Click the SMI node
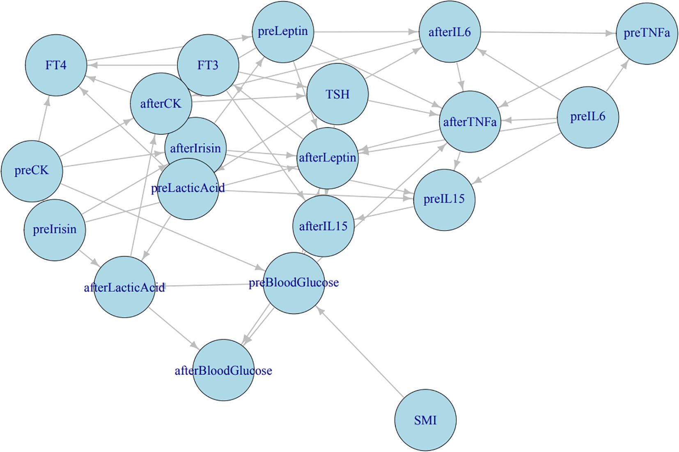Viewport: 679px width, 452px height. tap(425, 420)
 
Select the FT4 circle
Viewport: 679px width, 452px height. tap(56, 65)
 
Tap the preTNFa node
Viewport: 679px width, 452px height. tap(647, 33)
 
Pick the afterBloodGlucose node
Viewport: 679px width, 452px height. tap(223, 370)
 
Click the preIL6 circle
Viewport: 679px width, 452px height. tap(588, 117)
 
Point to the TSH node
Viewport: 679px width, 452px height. tap(337, 94)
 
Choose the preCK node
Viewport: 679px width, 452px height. tap(32, 171)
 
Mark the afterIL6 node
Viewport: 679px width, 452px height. tap(450, 32)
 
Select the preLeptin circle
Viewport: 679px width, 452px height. tap(283, 32)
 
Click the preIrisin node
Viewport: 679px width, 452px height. tap(55, 230)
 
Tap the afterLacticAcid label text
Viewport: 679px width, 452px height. tap(124, 288)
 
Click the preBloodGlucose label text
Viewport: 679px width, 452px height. tap(294, 283)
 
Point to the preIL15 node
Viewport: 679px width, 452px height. tap(444, 199)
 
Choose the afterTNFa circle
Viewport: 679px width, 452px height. tap(470, 122)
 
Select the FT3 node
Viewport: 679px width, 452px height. tap(208, 65)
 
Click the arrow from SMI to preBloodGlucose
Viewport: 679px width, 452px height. tap(361, 353)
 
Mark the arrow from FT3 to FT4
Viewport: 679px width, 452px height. tap(131, 65)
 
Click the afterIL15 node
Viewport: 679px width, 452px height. tap(323, 226)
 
